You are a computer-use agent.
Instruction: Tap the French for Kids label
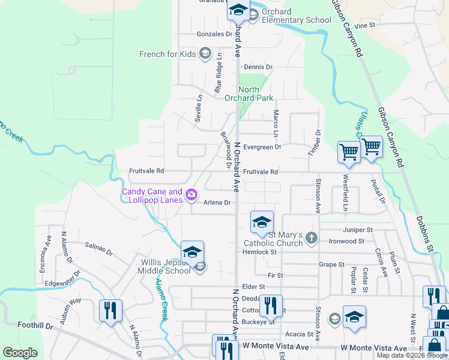click(x=167, y=54)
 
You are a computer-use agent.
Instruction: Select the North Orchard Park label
click(x=249, y=94)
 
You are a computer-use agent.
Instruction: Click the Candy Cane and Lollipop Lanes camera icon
click(x=191, y=194)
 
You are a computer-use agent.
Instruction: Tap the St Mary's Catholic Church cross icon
click(x=311, y=238)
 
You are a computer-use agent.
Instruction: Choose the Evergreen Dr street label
click(x=262, y=147)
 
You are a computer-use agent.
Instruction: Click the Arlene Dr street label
click(x=217, y=203)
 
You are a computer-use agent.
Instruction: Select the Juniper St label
click(x=358, y=230)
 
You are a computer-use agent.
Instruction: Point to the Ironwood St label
click(x=346, y=241)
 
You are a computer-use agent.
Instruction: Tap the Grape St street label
click(x=332, y=264)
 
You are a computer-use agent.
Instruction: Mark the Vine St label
click(x=364, y=26)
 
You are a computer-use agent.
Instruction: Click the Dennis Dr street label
click(x=258, y=67)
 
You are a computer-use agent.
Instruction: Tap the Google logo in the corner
click(x=20, y=353)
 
